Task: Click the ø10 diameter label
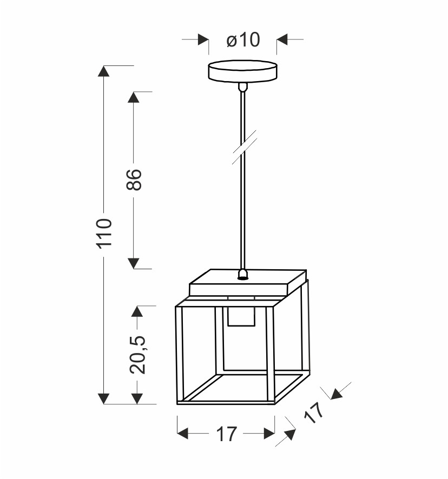click(243, 39)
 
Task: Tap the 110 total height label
click(104, 234)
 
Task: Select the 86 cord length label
click(134, 180)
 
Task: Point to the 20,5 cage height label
click(138, 355)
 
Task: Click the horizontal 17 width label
click(227, 434)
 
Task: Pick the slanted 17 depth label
click(314, 413)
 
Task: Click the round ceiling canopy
click(242, 71)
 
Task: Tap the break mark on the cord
click(244, 148)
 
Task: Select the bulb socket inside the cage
click(241, 316)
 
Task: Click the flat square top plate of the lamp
click(248, 283)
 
